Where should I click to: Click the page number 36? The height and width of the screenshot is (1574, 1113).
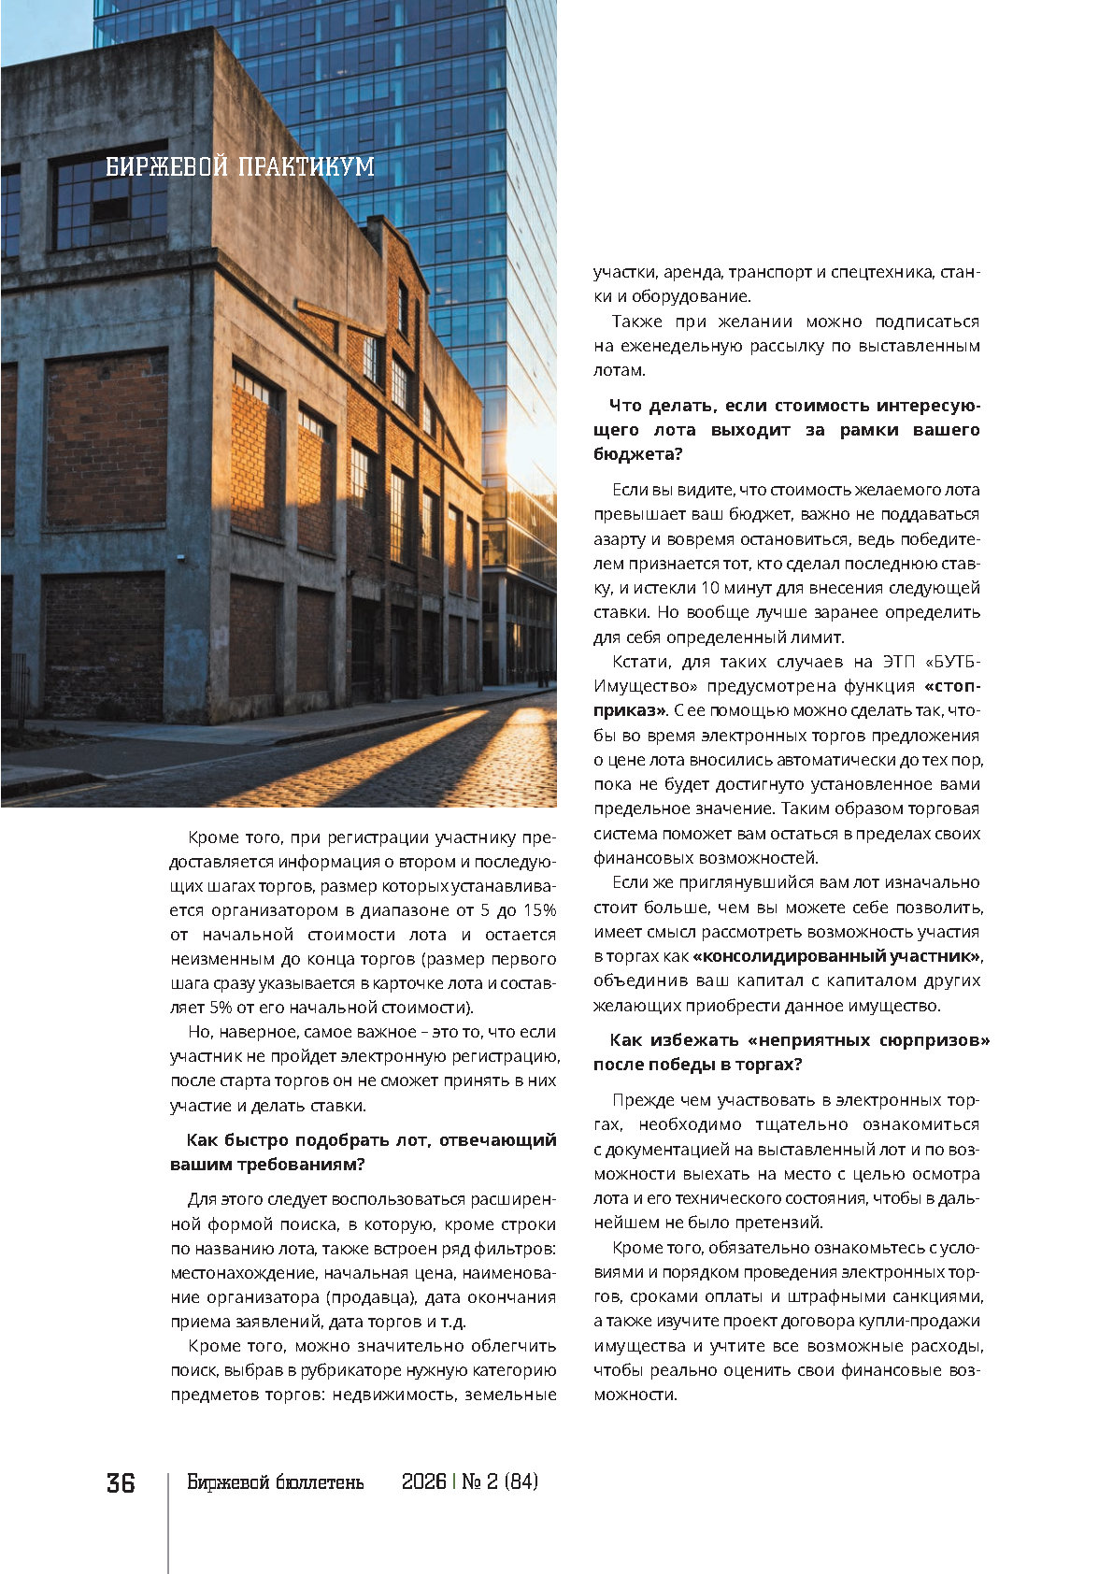[121, 1483]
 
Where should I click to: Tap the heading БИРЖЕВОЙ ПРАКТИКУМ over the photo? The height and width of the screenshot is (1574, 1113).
[240, 167]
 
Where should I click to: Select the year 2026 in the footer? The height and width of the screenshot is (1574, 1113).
[423, 1482]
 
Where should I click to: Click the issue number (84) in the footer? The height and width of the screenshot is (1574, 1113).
[521, 1482]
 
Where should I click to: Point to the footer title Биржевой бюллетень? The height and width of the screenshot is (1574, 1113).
[276, 1482]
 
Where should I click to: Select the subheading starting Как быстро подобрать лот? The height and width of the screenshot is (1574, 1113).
[364, 1152]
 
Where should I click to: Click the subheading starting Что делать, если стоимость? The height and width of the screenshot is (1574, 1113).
[787, 430]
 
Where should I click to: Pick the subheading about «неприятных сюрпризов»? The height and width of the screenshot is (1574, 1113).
[792, 1052]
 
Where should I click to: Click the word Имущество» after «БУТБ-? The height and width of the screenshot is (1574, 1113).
[645, 686]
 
